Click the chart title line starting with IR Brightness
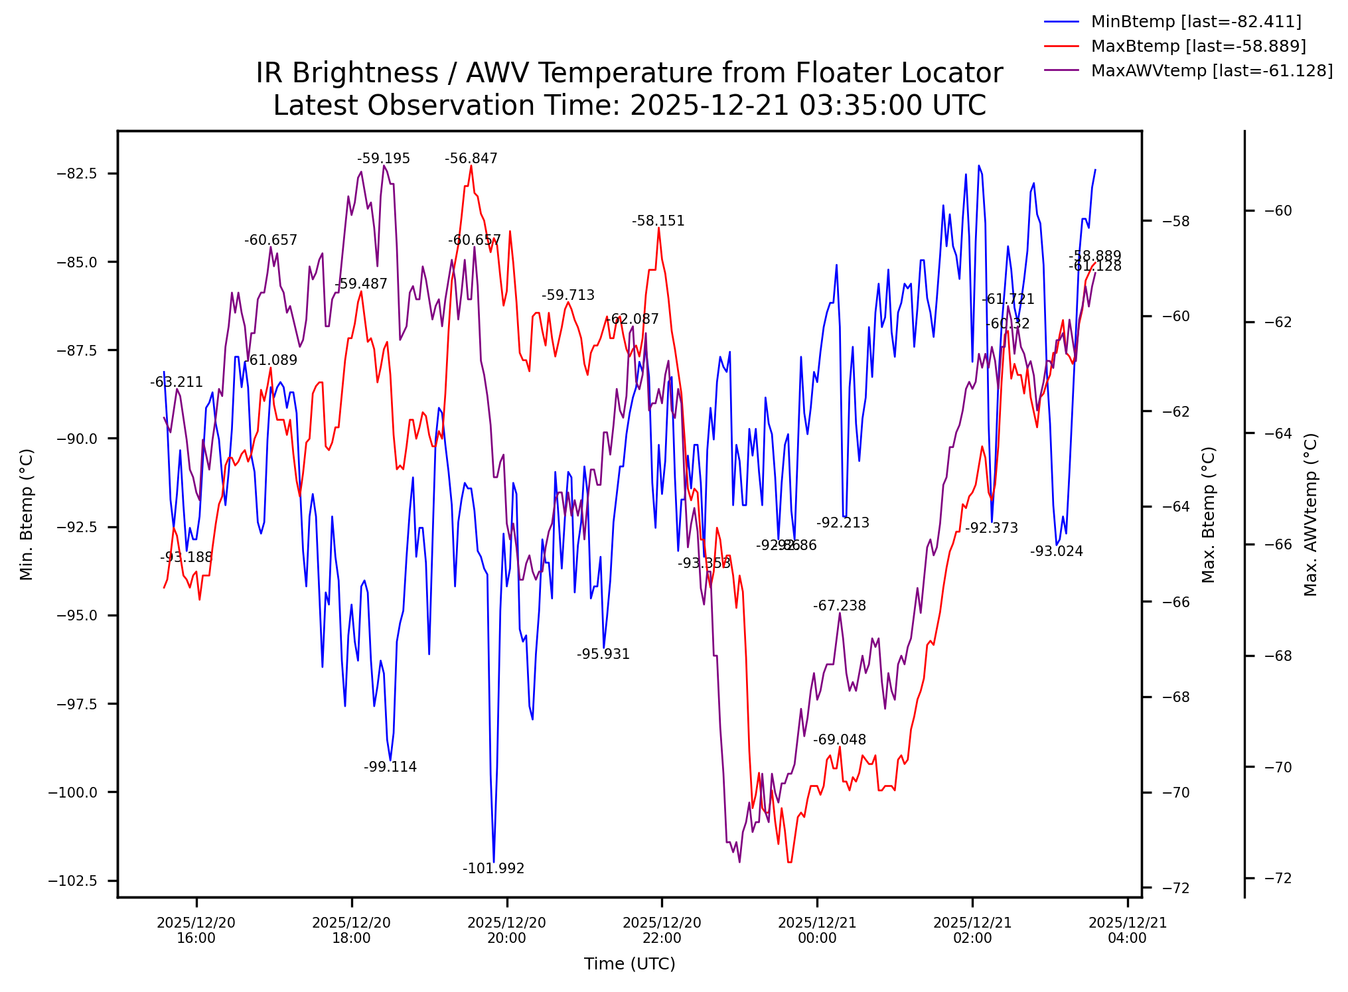[x=629, y=73]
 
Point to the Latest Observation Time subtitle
[x=629, y=106]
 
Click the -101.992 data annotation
[x=493, y=869]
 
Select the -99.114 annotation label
[x=390, y=767]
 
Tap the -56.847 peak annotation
[x=471, y=159]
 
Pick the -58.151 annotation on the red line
[x=658, y=221]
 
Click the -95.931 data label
[x=603, y=654]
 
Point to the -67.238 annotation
[x=839, y=606]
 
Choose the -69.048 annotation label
[x=839, y=740]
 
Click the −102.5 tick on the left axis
[x=72, y=881]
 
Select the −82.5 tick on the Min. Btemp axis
[x=77, y=174]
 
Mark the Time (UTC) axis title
[x=629, y=964]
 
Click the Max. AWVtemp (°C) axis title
[x=1310, y=514]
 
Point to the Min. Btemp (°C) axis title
[x=27, y=514]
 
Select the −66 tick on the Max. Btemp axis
[x=1175, y=602]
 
